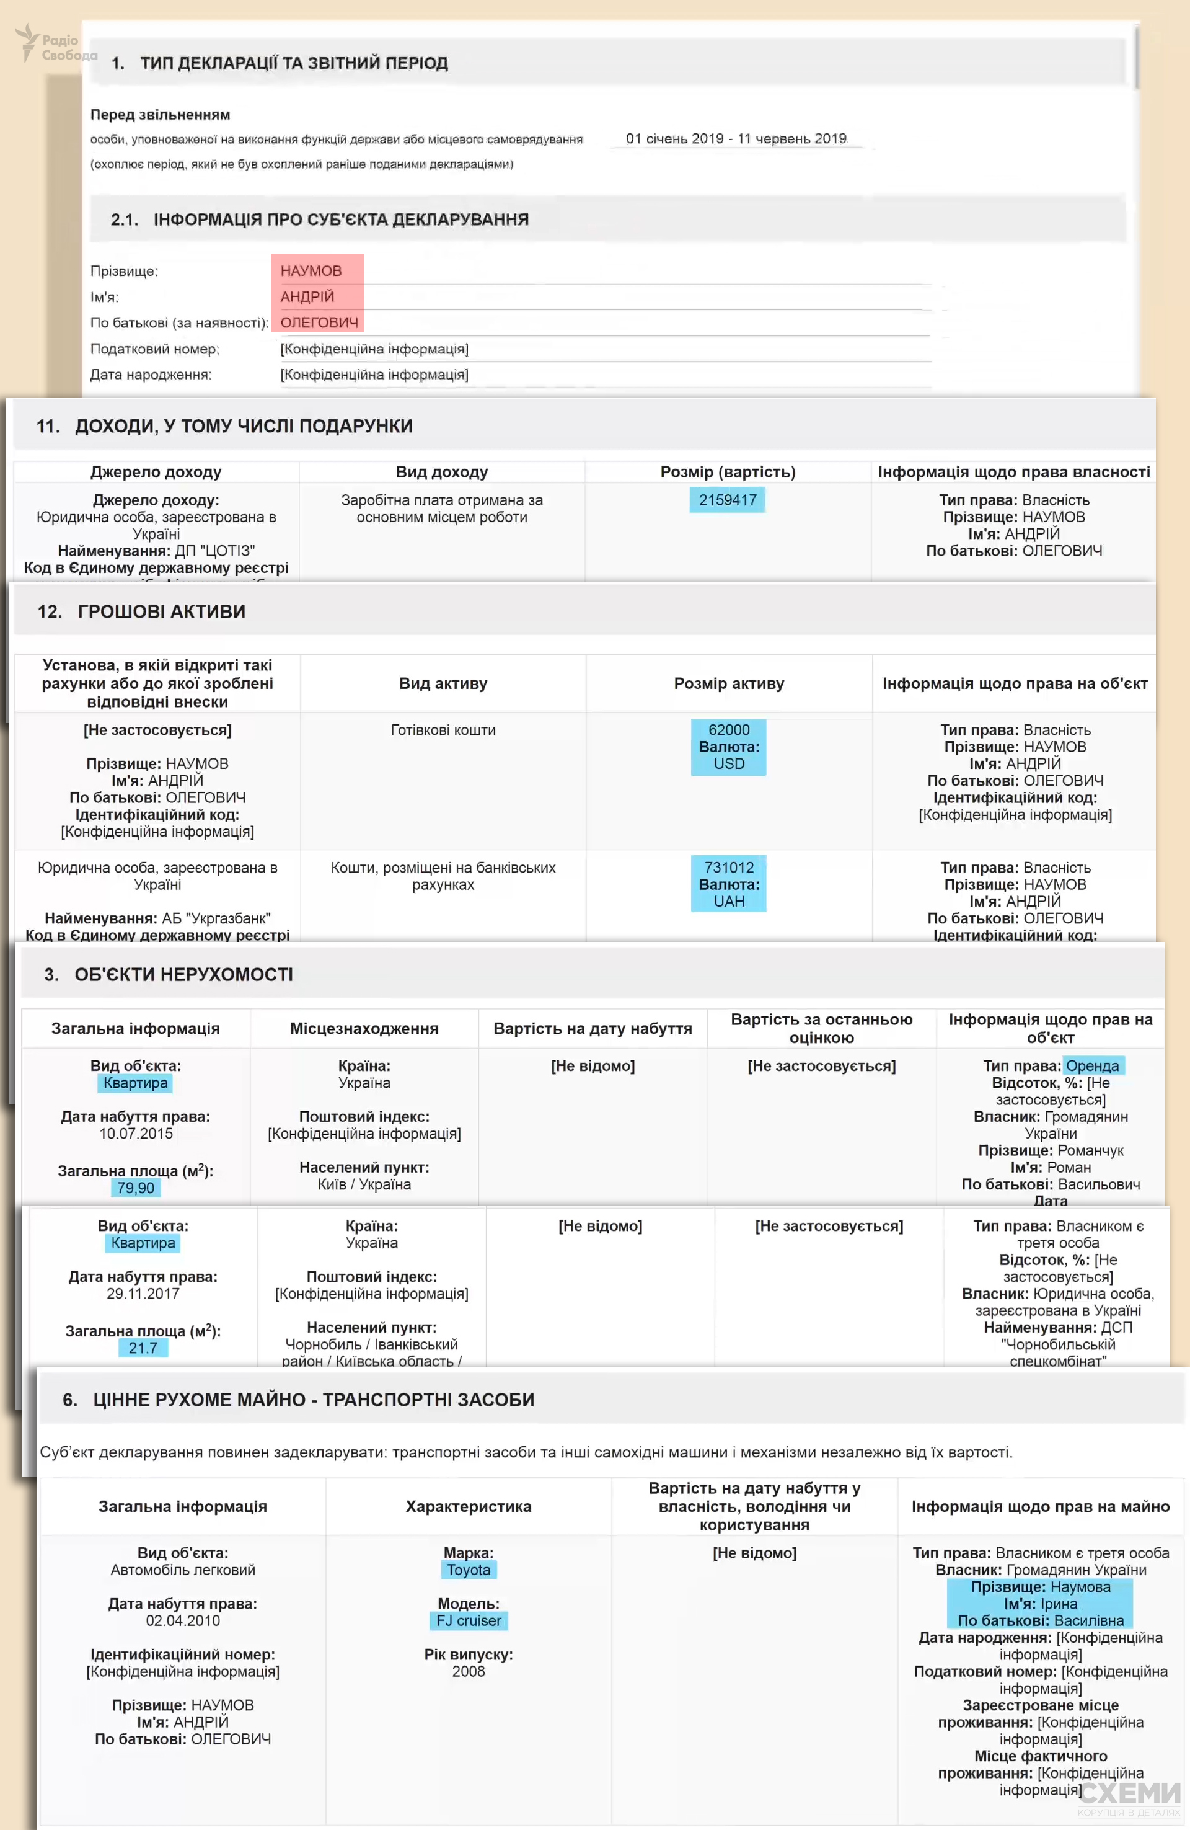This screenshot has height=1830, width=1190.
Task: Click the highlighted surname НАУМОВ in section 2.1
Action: point(311,270)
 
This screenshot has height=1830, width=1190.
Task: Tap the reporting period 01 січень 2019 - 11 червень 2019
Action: point(736,138)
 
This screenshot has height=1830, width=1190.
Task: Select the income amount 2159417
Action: point(727,500)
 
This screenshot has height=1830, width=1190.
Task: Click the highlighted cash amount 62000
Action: point(728,730)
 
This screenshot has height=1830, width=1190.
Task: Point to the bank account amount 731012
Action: point(728,868)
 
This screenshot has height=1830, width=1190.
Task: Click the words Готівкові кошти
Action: point(443,730)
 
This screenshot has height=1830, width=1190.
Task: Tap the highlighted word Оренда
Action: point(1092,1066)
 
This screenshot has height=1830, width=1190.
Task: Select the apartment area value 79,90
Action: point(135,1188)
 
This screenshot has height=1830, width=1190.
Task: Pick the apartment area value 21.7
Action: point(143,1348)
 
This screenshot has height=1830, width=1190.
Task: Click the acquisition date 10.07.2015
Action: point(135,1134)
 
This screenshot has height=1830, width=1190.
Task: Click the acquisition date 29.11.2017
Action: point(143,1294)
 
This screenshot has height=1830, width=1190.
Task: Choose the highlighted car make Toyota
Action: point(468,1570)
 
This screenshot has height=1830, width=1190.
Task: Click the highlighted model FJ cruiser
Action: point(468,1620)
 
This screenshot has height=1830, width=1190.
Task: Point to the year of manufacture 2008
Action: point(468,1671)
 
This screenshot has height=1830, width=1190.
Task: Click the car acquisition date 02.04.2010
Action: point(183,1620)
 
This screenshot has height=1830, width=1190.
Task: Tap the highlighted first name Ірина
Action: point(1059,1603)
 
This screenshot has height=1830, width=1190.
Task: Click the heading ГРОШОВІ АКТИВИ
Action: point(161,611)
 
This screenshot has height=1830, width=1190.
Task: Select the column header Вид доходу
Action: point(441,471)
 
